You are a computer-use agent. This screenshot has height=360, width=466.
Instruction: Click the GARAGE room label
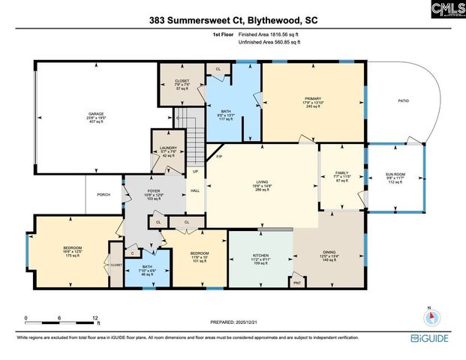[96, 115]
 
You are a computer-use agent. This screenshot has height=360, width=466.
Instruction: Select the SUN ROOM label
[395, 174]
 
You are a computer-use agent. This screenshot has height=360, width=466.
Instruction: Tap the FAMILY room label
[342, 173]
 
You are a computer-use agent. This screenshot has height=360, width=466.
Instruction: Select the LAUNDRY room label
[168, 148]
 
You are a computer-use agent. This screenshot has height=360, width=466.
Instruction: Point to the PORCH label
[104, 194]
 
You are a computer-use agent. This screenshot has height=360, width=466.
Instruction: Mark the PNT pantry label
[297, 283]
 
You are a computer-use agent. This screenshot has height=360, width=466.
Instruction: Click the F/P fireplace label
[219, 157]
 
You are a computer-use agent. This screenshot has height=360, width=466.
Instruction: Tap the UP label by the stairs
[195, 172]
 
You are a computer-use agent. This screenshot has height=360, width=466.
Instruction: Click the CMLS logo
[448, 9]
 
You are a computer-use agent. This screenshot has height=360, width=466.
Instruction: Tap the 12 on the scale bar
[95, 319]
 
